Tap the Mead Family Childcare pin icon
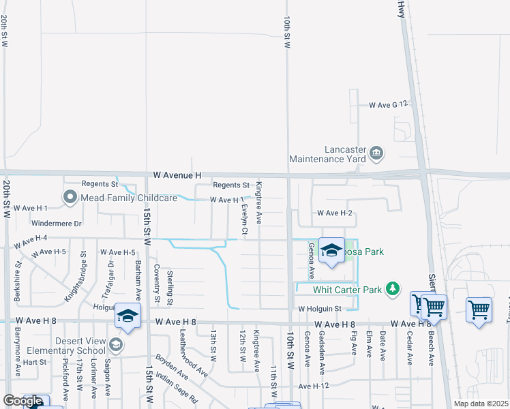pos(70,198)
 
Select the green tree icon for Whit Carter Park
pos(392,290)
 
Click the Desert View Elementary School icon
pos(115,345)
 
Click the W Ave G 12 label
pos(388,105)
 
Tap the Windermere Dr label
pos(57,223)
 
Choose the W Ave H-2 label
pos(334,213)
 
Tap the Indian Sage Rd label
pos(176,388)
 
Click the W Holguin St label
pos(319,309)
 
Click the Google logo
pos(22,401)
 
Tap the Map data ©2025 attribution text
pos(481,404)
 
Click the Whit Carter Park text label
pos(346,290)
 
